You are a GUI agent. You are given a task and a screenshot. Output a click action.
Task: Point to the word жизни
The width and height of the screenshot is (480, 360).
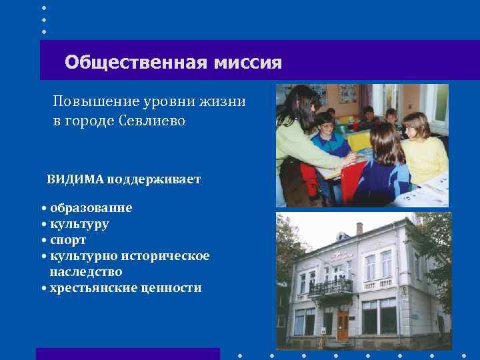point(227,101)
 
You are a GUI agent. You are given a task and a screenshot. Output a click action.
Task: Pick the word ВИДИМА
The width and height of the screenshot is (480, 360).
point(74,179)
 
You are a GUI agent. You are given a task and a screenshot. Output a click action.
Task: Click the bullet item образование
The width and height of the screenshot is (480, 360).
point(91,208)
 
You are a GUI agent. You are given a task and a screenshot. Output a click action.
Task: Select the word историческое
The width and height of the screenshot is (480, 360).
point(170,256)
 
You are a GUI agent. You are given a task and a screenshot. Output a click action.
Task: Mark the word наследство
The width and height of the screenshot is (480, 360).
point(85,272)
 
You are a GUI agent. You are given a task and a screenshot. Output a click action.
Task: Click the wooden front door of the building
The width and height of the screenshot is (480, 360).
point(343,325)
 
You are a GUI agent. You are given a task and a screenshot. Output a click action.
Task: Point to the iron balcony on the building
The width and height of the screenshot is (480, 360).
point(331,287)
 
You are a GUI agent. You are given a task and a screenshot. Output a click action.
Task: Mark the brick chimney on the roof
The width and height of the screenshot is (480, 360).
point(360,229)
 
